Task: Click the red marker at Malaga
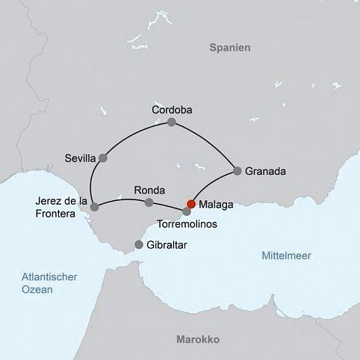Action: (191, 204)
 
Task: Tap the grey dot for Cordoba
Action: (172, 122)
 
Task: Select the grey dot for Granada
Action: (238, 171)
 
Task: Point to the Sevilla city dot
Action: (103, 158)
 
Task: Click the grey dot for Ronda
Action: (149, 202)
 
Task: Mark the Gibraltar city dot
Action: (138, 245)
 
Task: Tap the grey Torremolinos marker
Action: (186, 211)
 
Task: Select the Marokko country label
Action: (197, 339)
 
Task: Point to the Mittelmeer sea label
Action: (287, 255)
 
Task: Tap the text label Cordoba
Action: (172, 110)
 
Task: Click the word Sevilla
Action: (81, 158)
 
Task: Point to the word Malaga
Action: (216, 203)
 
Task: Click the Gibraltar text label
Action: (167, 245)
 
